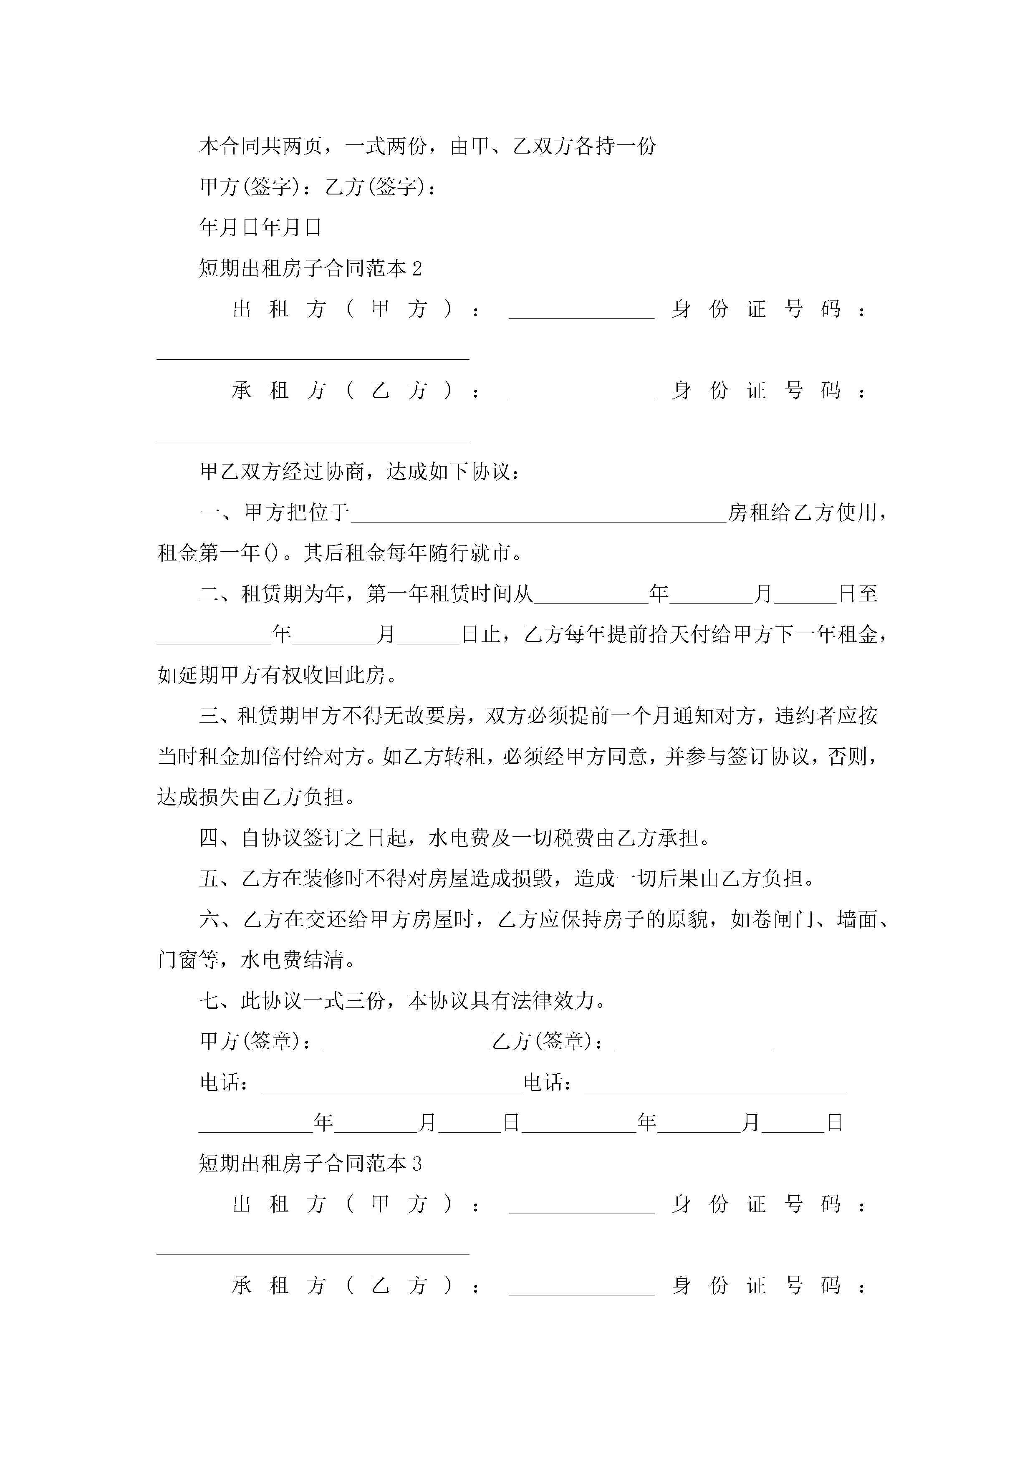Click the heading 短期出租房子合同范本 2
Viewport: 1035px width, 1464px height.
point(310,268)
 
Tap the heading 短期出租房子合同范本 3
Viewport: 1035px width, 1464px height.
point(310,1164)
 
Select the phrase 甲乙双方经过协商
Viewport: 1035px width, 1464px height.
point(282,472)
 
